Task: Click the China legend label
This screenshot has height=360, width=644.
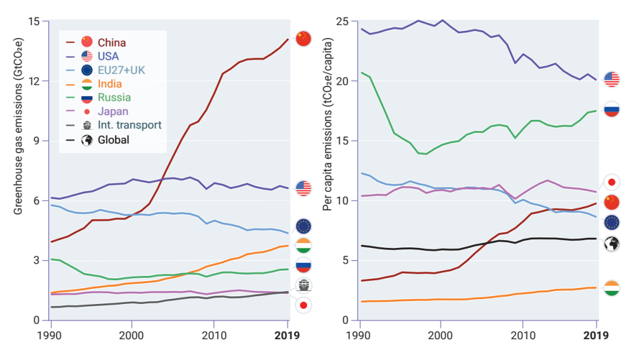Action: (112, 42)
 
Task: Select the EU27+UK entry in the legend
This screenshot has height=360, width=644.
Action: (121, 70)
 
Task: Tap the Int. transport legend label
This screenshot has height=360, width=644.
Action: (129, 125)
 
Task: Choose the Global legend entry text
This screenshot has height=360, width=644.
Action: (113, 140)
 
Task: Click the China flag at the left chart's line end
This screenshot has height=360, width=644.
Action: (304, 39)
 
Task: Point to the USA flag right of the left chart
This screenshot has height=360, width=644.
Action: (304, 188)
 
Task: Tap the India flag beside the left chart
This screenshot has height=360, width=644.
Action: (304, 246)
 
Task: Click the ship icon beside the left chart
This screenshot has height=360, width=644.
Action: (304, 285)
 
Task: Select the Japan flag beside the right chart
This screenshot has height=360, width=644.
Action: (612, 182)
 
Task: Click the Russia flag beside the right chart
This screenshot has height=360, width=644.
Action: (612, 109)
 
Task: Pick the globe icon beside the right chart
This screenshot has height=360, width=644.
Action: (612, 243)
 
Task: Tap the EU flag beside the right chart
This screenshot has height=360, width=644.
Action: (612, 222)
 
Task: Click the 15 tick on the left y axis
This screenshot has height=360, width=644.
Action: (34, 21)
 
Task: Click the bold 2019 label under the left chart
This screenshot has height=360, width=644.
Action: (287, 335)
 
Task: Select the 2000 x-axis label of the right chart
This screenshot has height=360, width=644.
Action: (441, 335)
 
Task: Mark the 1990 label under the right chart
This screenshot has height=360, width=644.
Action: (360, 335)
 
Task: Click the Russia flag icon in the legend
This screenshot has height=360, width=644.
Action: (87, 98)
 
